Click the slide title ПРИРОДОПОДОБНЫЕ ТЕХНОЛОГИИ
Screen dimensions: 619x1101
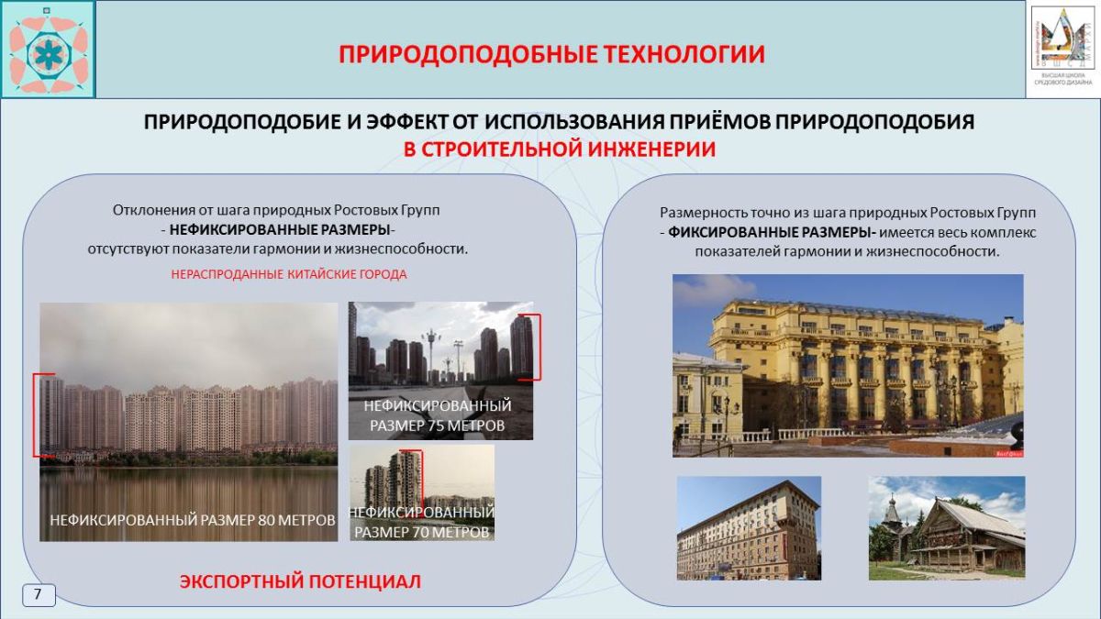[x=551, y=54]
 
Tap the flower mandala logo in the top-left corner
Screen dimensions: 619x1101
[x=48, y=50]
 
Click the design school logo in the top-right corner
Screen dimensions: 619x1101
[x=1062, y=48]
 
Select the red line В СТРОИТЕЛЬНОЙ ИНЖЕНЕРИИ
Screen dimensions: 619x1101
[x=560, y=149]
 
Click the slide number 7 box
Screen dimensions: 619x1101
[x=39, y=594]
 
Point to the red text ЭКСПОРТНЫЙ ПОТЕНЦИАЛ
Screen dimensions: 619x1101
[x=300, y=581]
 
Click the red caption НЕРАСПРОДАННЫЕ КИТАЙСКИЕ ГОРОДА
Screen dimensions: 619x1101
[x=289, y=274]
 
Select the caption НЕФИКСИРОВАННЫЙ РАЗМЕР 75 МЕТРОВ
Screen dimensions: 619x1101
[x=438, y=415]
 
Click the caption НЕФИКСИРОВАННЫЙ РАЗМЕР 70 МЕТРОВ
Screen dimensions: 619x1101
[x=422, y=522]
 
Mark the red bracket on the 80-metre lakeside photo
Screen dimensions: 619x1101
[x=37, y=415]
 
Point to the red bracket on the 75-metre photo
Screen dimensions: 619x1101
[x=537, y=347]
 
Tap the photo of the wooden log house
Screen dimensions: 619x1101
[x=946, y=527]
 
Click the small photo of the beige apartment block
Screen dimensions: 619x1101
[x=749, y=527]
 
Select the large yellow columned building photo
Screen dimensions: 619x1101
[x=847, y=365]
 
